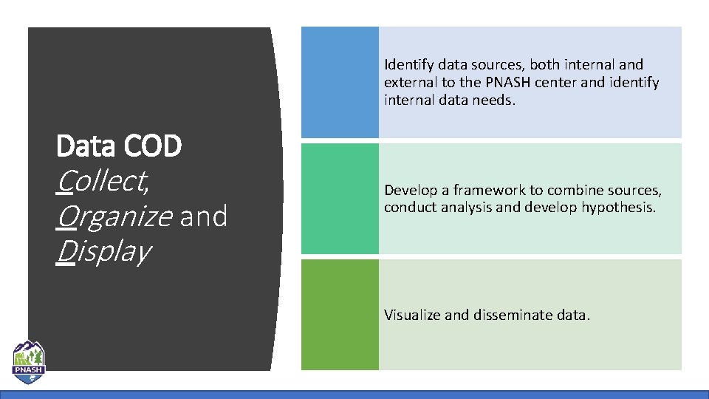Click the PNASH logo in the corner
(x=28, y=362)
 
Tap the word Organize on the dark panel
(x=114, y=216)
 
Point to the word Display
(x=103, y=251)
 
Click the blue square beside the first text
(x=340, y=82)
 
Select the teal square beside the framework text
(x=340, y=198)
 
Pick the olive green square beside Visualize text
(x=340, y=314)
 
